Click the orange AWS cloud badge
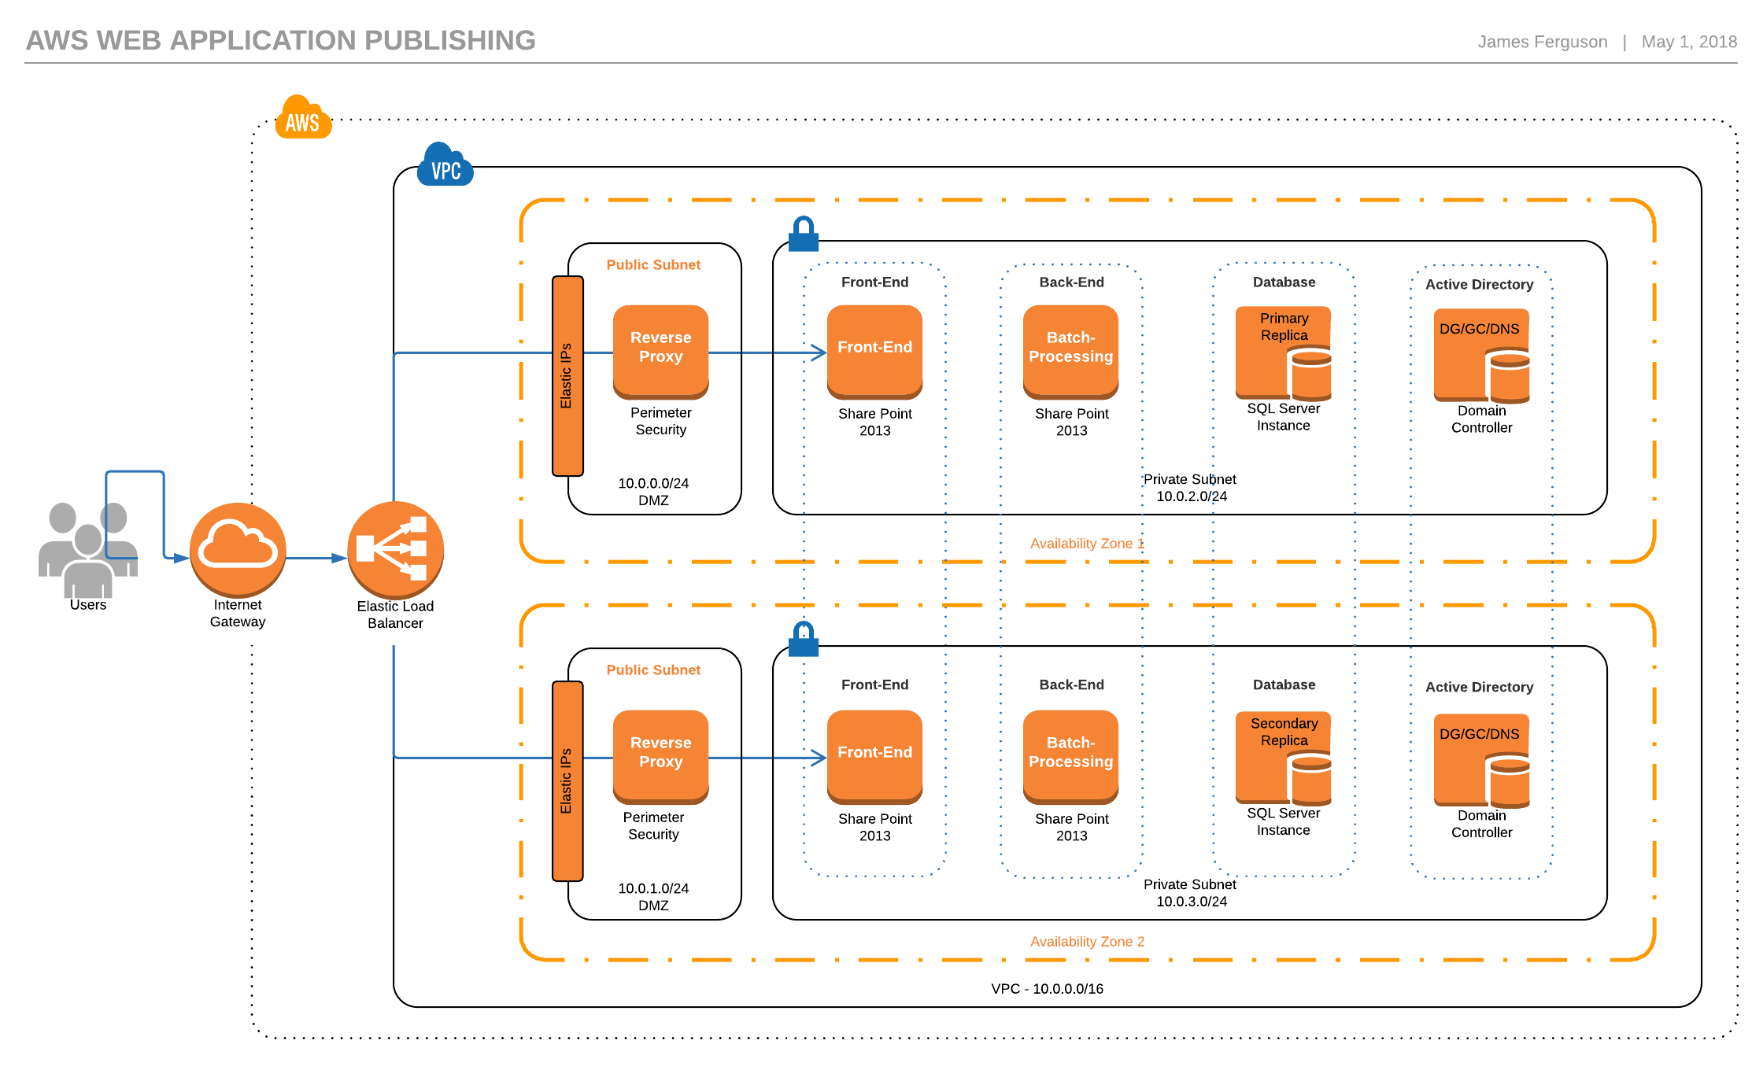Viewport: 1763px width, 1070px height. pyautogui.click(x=303, y=118)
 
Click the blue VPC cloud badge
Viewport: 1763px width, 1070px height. pyautogui.click(x=445, y=165)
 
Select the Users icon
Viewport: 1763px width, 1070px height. pyautogui.click(x=88, y=550)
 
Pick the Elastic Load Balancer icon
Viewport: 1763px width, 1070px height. pyautogui.click(x=395, y=550)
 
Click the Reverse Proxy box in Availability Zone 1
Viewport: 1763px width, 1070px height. pyautogui.click(x=661, y=351)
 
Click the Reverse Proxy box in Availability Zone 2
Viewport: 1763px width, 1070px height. pyautogui.click(x=661, y=756)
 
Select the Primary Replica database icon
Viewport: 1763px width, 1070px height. pyautogui.click(x=1284, y=353)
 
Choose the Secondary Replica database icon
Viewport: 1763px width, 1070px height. pyautogui.click(x=1284, y=758)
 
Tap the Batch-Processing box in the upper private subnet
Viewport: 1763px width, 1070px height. pyautogui.click(x=1071, y=351)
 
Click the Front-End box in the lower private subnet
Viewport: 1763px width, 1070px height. pyautogui.click(x=874, y=756)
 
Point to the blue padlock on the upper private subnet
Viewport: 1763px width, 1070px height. pyautogui.click(x=804, y=234)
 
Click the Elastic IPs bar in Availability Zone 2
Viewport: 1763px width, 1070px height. pyautogui.click(x=567, y=780)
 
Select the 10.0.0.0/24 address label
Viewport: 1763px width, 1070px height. pyautogui.click(x=653, y=483)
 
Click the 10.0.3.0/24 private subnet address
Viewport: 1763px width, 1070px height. pyautogui.click(x=1192, y=902)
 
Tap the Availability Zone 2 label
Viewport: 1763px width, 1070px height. pyautogui.click(x=1087, y=942)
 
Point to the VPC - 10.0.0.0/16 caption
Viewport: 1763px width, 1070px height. pyautogui.click(x=1047, y=989)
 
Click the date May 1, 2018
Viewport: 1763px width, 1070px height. pyautogui.click(x=1689, y=42)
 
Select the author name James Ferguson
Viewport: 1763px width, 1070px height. pyautogui.click(x=1542, y=42)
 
